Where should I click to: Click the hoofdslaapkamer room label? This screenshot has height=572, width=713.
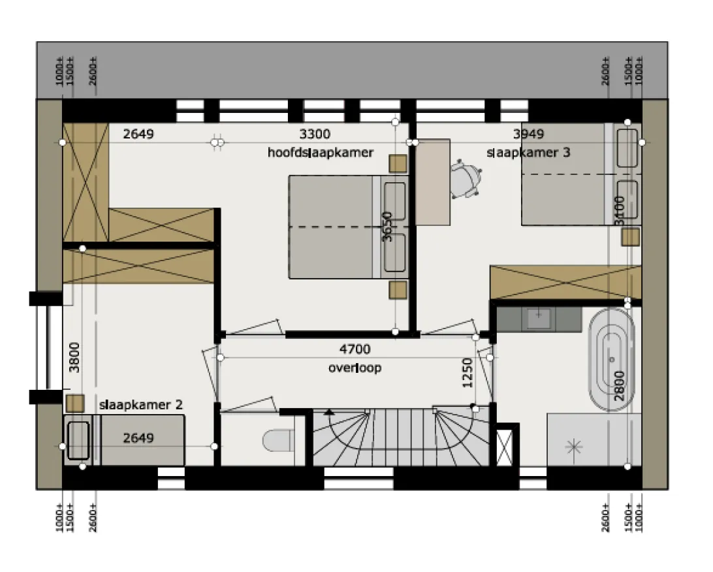click(321, 152)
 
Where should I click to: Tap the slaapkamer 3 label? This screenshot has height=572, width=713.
click(528, 152)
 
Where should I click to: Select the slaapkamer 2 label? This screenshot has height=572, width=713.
click(141, 405)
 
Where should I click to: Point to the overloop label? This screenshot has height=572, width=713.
click(355, 368)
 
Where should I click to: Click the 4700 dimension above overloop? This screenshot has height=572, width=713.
click(355, 349)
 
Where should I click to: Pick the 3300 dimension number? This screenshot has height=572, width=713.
click(315, 134)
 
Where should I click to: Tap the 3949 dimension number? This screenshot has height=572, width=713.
click(528, 134)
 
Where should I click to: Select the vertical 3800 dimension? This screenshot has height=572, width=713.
click(74, 357)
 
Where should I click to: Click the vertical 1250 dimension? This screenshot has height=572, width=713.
click(467, 373)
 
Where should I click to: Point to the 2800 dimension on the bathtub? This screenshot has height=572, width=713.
click(620, 386)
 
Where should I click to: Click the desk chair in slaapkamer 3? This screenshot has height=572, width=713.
click(466, 179)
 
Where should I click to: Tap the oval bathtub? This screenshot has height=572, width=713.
click(611, 360)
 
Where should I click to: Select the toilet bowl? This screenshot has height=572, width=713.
click(277, 440)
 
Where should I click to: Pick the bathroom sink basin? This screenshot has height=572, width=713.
click(539, 319)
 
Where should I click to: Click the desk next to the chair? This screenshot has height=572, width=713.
click(433, 182)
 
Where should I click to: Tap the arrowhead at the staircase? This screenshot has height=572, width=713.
click(329, 412)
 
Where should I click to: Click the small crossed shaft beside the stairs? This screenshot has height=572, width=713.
click(504, 447)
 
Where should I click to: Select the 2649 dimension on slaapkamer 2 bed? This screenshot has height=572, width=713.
click(138, 438)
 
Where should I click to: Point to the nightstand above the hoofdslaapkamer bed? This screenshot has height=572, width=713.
click(398, 164)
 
